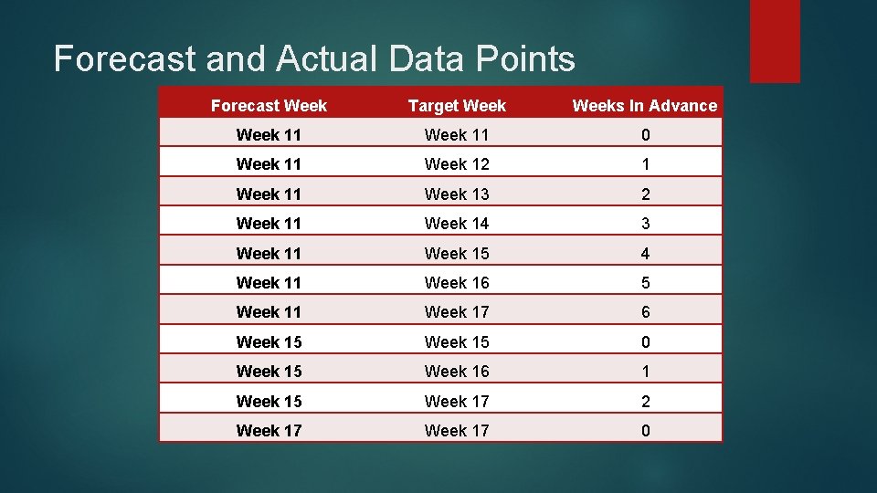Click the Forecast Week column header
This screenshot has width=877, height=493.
point(269,105)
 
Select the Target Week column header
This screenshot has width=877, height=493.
point(457,105)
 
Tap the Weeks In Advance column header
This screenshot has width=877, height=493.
point(644,105)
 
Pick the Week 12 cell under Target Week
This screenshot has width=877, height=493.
point(457,164)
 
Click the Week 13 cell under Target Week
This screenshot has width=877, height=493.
point(457,194)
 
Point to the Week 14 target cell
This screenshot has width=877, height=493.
point(457,223)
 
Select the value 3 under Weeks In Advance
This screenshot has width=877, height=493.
point(645,223)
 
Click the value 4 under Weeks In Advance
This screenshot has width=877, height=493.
point(645,253)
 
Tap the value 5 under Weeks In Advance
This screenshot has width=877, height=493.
point(645,282)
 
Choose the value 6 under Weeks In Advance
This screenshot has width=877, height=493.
point(645,311)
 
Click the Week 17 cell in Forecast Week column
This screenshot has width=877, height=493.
point(269,430)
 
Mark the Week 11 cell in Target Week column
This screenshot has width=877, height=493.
point(457,135)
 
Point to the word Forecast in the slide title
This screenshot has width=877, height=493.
point(124,59)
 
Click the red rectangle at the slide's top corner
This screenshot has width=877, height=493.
point(775,40)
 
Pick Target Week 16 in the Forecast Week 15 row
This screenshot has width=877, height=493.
point(457,371)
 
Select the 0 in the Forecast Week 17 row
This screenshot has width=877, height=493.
point(645,430)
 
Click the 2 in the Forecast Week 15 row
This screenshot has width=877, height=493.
point(645,401)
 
